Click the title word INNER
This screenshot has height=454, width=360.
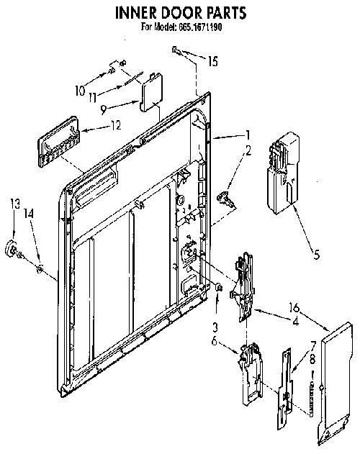click(x=136, y=12)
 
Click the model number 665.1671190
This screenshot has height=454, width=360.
click(x=201, y=27)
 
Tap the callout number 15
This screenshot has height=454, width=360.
click(x=213, y=61)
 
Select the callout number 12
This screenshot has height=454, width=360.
click(x=115, y=125)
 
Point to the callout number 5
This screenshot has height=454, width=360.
click(x=316, y=255)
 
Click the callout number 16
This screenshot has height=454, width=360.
click(x=294, y=307)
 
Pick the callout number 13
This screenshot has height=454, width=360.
click(x=15, y=204)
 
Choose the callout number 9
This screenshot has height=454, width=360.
click(x=104, y=110)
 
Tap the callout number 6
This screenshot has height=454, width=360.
click(x=214, y=341)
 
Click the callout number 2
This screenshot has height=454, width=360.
click(x=248, y=151)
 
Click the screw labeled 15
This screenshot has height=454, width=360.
click(x=176, y=51)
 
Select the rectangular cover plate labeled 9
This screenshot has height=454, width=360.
click(x=151, y=92)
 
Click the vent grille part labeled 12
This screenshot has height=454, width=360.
click(x=58, y=142)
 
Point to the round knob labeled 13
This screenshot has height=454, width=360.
click(x=12, y=249)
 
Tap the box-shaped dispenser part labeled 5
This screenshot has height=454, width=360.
click(x=283, y=173)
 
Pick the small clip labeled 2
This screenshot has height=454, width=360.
click(x=225, y=199)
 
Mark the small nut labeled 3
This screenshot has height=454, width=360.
click(x=219, y=288)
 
